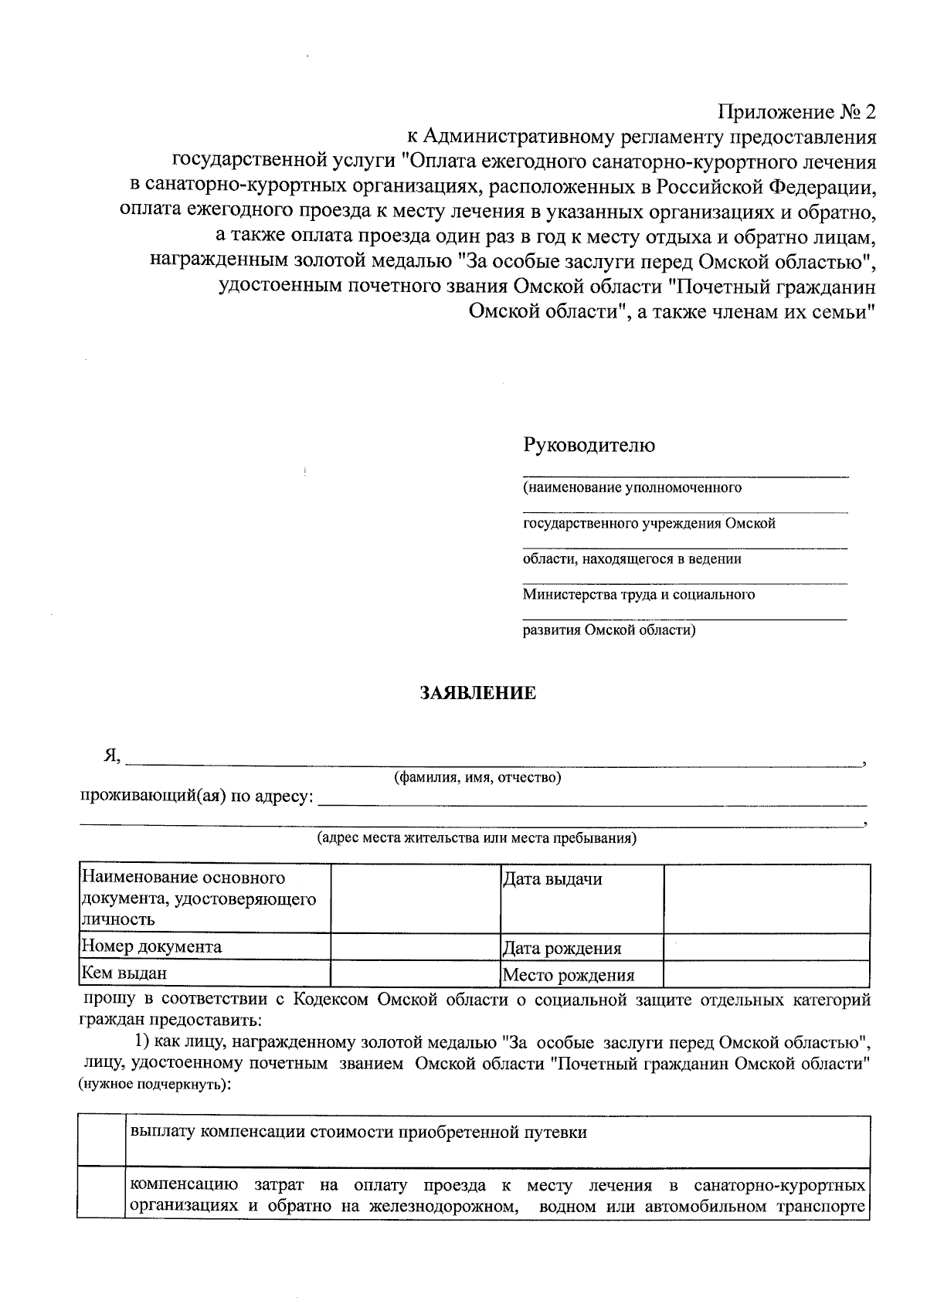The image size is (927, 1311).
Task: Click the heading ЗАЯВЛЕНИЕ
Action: click(x=477, y=693)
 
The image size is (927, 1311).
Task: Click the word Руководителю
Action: click(x=589, y=445)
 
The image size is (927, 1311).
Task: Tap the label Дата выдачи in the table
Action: click(x=552, y=879)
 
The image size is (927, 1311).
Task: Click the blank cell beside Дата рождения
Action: click(x=766, y=946)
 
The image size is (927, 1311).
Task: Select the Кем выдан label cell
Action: click(x=204, y=973)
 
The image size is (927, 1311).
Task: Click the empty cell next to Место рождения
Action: click(x=766, y=973)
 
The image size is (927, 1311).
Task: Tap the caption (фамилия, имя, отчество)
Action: click(x=477, y=777)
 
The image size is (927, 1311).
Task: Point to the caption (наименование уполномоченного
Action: click(x=632, y=487)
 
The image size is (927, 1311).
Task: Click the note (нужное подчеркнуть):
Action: click(x=154, y=1085)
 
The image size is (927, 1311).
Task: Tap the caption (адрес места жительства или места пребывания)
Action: click(x=477, y=838)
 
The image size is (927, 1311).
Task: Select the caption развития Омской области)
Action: click(x=609, y=630)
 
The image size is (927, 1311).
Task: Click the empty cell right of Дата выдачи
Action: click(x=766, y=898)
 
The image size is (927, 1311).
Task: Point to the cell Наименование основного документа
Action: click(x=204, y=898)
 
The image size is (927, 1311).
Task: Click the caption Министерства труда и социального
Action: click(x=638, y=594)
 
